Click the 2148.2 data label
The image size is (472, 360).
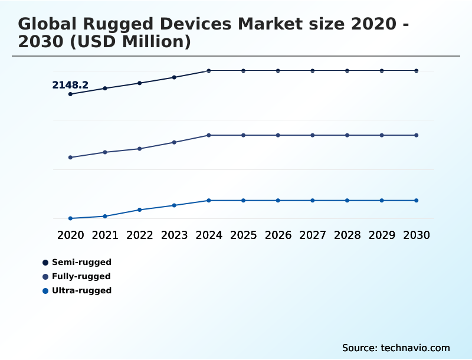tap(70, 85)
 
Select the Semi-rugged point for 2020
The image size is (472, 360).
tap(71, 94)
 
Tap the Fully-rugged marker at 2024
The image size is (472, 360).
tap(209, 135)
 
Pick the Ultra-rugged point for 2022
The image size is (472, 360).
tap(140, 210)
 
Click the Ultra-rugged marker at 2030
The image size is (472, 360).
tap(417, 201)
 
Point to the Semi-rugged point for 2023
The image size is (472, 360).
tap(174, 77)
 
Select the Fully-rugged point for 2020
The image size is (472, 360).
tap(71, 158)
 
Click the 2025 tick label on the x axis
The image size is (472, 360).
tap(243, 235)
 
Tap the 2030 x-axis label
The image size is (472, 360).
tap(417, 235)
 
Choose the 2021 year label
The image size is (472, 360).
tap(105, 235)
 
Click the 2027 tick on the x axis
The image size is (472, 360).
tap(313, 235)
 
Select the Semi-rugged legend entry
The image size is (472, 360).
tap(81, 262)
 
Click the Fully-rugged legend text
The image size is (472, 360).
tap(81, 276)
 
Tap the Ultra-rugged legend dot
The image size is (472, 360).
tap(45, 290)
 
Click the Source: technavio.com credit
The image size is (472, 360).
tap(396, 348)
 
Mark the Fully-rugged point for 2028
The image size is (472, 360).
tap(347, 135)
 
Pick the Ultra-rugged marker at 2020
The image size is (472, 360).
tap(71, 218)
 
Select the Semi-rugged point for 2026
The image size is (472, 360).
tap(278, 71)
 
